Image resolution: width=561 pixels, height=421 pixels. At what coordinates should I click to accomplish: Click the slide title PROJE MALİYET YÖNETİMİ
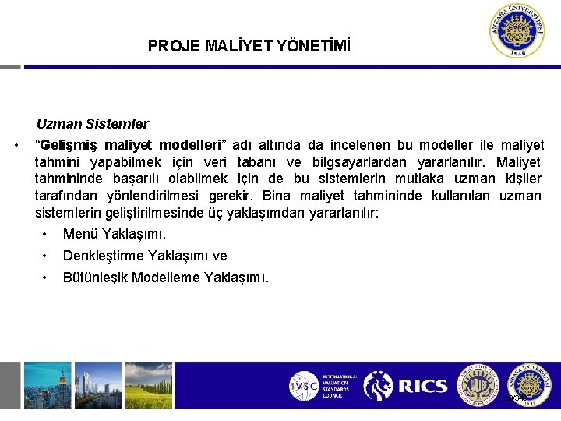pos(249,47)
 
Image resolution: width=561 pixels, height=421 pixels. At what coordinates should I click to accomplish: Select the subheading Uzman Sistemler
pos(92,123)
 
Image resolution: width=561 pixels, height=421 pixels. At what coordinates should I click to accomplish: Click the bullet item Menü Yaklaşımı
pos(115,234)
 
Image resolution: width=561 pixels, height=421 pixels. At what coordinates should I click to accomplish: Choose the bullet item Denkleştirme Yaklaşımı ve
pos(145,256)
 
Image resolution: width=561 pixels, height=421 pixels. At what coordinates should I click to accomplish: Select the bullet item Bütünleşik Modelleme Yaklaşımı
pos(166,277)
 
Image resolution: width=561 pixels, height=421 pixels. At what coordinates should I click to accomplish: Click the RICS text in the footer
pos(423,386)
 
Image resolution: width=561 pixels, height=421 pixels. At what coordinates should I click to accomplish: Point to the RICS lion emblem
pos(379,386)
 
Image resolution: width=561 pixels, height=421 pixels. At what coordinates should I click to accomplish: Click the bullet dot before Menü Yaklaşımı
pos(47,234)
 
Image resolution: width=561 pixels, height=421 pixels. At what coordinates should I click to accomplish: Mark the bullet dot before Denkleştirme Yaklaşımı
pos(47,256)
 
